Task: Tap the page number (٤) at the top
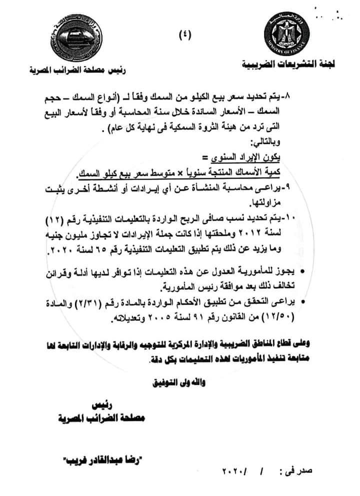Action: [185, 36]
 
